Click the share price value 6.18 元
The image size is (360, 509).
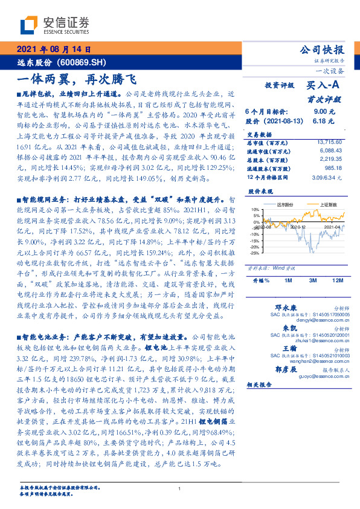324,122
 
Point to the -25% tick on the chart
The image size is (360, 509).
256,253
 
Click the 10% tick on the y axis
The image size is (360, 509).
256,209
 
